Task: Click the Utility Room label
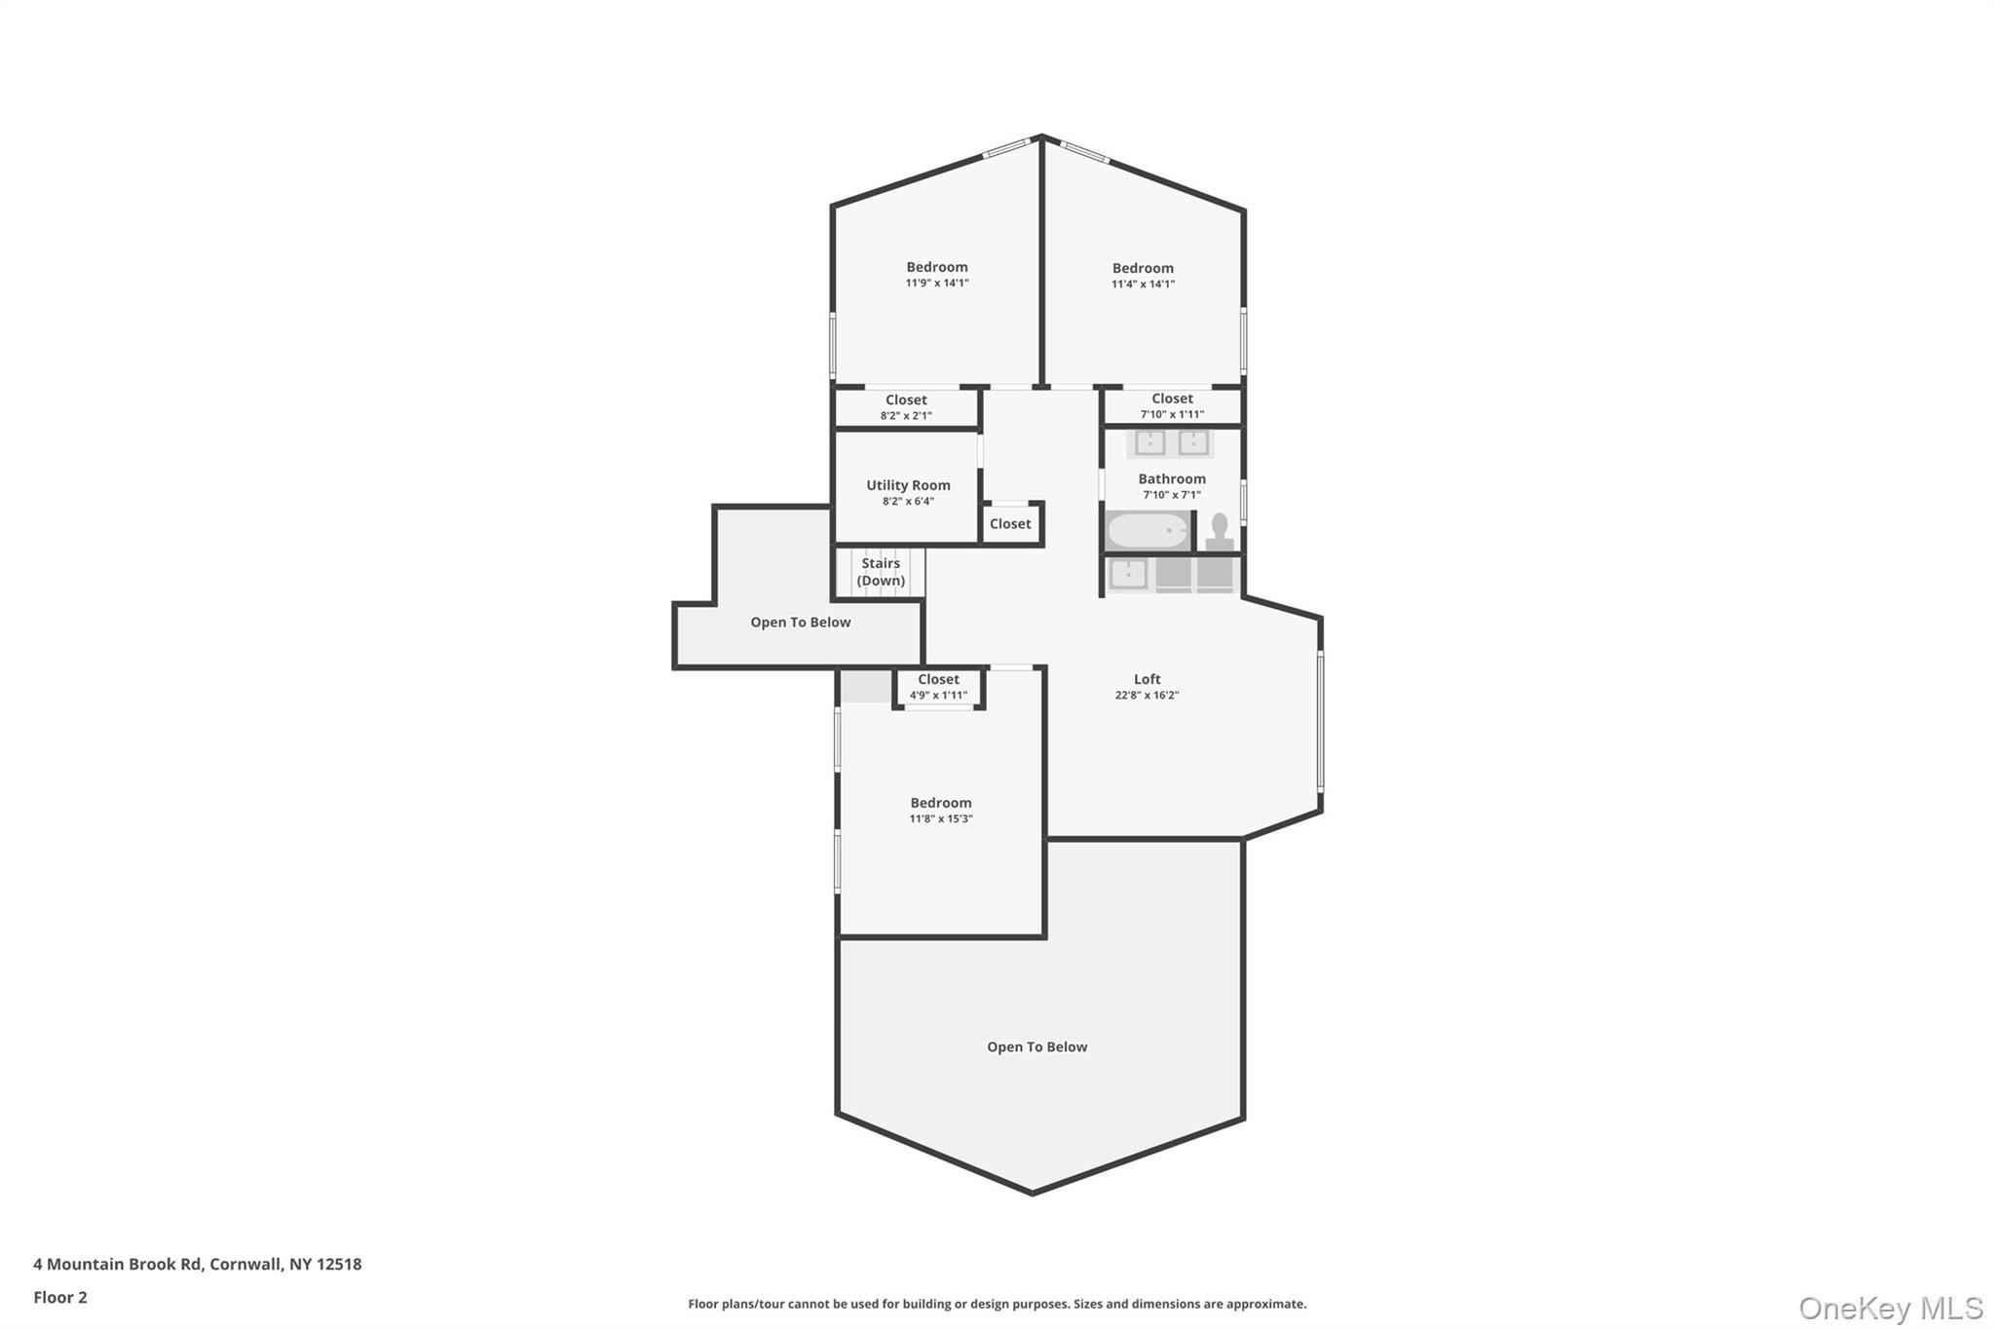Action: [908, 485]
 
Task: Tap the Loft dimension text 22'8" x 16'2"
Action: [1147, 696]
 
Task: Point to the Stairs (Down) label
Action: [881, 572]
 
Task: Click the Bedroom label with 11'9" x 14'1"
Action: [936, 267]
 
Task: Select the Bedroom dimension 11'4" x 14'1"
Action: [1143, 285]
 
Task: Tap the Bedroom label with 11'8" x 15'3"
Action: [940, 803]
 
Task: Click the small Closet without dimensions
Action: [1010, 524]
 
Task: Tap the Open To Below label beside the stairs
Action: [800, 623]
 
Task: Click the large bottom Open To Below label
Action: [1036, 1047]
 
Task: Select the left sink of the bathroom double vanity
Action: [1149, 443]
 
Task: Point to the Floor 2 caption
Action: [60, 1298]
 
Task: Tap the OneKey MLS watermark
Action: [1890, 1309]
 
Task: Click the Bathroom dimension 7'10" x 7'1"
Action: [1171, 495]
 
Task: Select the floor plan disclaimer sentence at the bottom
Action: [997, 1304]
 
